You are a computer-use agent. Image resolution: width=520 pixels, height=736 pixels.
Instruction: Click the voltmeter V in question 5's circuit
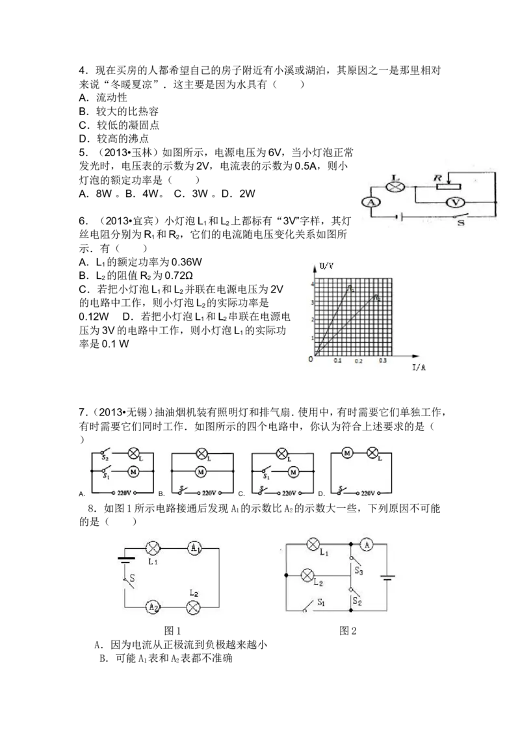coord(455,202)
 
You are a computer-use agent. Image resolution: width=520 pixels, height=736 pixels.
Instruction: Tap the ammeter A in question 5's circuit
coord(371,202)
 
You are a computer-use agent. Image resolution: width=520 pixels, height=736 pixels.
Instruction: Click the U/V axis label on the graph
coord(327,266)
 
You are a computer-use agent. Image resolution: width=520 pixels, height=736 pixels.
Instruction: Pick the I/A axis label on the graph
coord(419,367)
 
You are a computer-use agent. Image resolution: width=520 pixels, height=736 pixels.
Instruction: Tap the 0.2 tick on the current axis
coord(359,361)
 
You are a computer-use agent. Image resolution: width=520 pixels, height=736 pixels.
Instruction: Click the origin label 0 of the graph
coord(310,359)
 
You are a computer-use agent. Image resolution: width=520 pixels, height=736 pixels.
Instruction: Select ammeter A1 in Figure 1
coord(194,548)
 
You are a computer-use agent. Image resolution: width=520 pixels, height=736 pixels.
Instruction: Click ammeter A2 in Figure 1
coord(153,607)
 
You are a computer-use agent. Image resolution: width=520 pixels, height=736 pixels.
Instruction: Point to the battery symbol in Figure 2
coord(387,577)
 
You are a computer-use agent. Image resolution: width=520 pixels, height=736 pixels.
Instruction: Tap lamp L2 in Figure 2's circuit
coord(307,575)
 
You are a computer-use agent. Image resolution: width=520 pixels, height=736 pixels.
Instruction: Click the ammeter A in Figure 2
coord(367,544)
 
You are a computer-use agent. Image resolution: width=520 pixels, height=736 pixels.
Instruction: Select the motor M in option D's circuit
coord(347,453)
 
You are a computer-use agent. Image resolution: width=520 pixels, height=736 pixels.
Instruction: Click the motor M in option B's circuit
coord(201,471)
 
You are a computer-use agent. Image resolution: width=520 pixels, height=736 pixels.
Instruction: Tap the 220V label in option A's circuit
coord(124,493)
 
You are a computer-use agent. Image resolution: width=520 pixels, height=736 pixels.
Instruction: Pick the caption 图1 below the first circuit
coord(172,631)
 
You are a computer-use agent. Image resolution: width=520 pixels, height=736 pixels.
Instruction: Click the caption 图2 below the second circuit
coord(348,631)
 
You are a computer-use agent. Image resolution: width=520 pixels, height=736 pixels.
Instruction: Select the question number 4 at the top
coord(82,71)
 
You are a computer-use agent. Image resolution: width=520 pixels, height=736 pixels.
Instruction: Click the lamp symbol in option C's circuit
coord(281,453)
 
